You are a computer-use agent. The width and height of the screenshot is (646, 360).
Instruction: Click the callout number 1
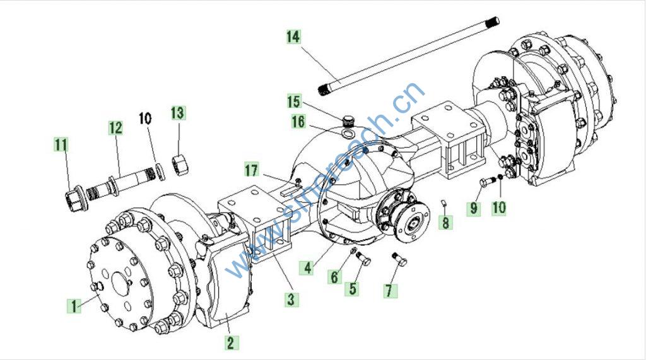tap(74, 306)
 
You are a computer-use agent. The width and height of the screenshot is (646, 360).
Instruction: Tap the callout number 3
tap(290, 299)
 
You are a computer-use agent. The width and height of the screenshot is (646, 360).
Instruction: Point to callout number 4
tap(307, 267)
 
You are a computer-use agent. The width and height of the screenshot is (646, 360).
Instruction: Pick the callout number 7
tap(391, 290)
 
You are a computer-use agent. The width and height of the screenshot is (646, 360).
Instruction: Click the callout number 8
tap(446, 222)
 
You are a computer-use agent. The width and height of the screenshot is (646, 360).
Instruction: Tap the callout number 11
tap(61, 145)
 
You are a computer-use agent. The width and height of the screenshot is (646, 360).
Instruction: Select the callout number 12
tap(115, 128)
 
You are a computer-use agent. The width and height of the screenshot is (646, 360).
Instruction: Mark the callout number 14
tap(293, 37)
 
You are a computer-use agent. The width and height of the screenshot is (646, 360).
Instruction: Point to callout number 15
tap(295, 101)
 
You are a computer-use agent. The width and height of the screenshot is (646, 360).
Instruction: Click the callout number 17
tap(252, 170)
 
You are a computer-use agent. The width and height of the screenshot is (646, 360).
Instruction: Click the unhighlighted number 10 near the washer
tap(145, 118)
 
